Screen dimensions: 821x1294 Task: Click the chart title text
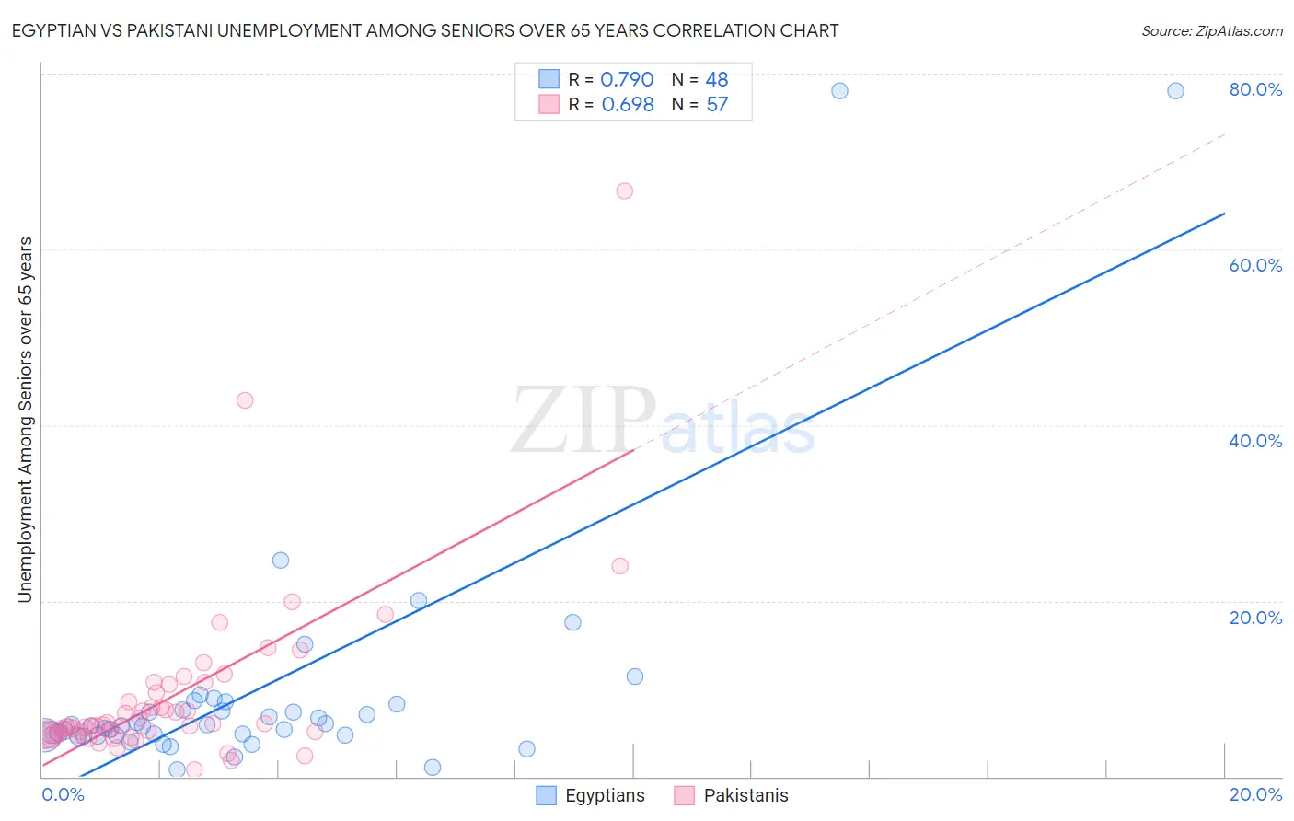click(424, 30)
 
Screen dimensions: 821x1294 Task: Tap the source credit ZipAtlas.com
click(1211, 31)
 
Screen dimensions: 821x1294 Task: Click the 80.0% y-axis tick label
click(1255, 89)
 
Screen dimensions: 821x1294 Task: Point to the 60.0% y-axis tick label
click(1255, 265)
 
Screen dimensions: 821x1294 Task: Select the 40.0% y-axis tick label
click(1255, 441)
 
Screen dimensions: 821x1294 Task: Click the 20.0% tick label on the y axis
click(1255, 617)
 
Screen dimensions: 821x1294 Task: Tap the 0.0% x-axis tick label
click(63, 794)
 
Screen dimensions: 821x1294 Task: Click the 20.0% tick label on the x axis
click(1255, 794)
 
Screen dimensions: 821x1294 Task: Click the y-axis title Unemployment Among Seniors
click(25, 420)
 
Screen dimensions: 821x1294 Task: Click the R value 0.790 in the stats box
click(627, 80)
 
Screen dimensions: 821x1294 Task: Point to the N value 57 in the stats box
click(717, 105)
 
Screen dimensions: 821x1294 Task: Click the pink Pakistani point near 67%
click(625, 191)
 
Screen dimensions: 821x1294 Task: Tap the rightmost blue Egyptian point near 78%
click(1175, 90)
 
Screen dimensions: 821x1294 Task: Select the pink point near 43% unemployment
click(245, 400)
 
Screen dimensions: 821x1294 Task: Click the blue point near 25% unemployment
click(281, 561)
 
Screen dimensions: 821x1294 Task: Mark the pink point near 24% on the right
click(620, 566)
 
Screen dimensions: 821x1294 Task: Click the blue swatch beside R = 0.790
click(549, 79)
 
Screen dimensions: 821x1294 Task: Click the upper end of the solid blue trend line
click(1224, 214)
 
